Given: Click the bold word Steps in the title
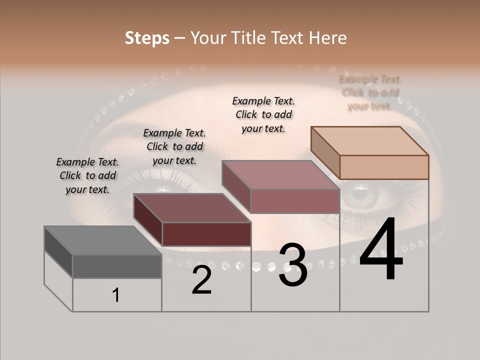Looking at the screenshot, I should [147, 38].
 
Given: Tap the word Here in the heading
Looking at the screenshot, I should [328, 38].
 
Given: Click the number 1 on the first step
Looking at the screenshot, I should [116, 295].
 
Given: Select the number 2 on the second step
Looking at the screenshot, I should [201, 280].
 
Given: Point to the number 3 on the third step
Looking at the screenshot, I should [293, 265].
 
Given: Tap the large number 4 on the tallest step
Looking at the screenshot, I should [381, 250].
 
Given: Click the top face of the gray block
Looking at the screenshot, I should [102, 240].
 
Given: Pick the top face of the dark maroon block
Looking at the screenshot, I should [192, 208].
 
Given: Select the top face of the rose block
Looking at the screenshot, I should [280, 175].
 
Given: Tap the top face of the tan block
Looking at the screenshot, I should [370, 141].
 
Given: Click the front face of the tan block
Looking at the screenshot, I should [384, 167].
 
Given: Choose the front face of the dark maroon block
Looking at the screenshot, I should [206, 234].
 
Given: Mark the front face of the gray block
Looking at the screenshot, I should [117, 266].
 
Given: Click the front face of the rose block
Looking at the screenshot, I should [295, 201].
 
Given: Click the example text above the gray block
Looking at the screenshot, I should [87, 175].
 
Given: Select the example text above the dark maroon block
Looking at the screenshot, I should [174, 146].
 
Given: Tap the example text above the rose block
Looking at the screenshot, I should [263, 114].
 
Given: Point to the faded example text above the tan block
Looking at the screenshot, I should [370, 92].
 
